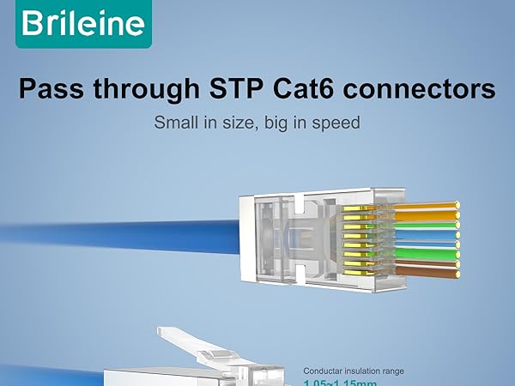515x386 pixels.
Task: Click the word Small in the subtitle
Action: tap(175, 123)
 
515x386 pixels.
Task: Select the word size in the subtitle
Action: tap(237, 123)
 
